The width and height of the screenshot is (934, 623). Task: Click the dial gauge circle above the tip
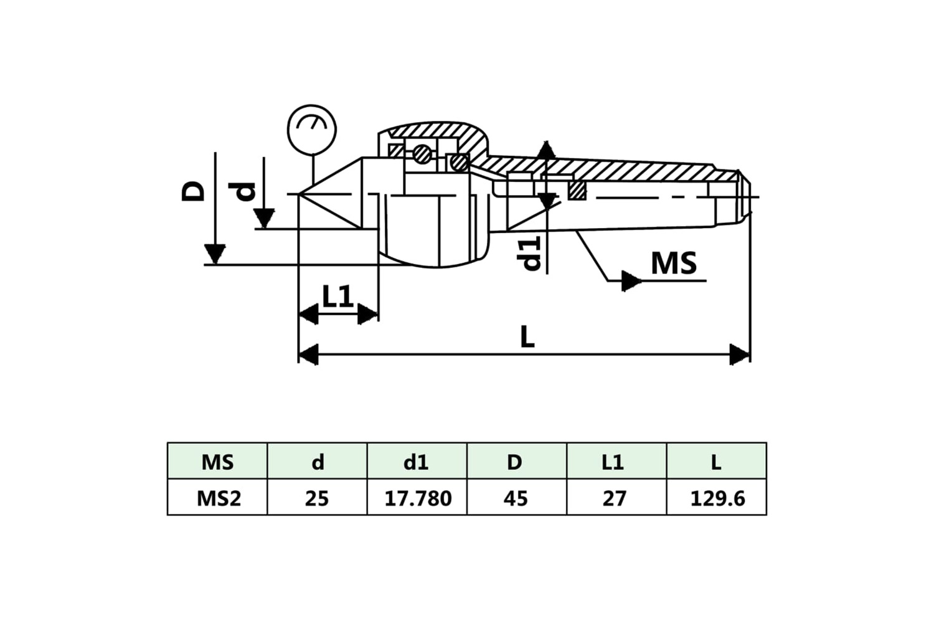click(287, 130)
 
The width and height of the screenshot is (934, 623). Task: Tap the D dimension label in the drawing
click(193, 191)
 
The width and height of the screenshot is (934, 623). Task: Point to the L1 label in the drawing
click(337, 296)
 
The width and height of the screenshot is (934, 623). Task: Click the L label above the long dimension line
click(527, 337)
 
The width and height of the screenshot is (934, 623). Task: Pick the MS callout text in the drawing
click(674, 263)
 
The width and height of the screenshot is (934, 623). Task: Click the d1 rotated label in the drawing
click(529, 254)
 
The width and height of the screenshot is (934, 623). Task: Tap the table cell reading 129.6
click(717, 498)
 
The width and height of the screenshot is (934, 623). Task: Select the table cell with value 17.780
click(418, 498)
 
